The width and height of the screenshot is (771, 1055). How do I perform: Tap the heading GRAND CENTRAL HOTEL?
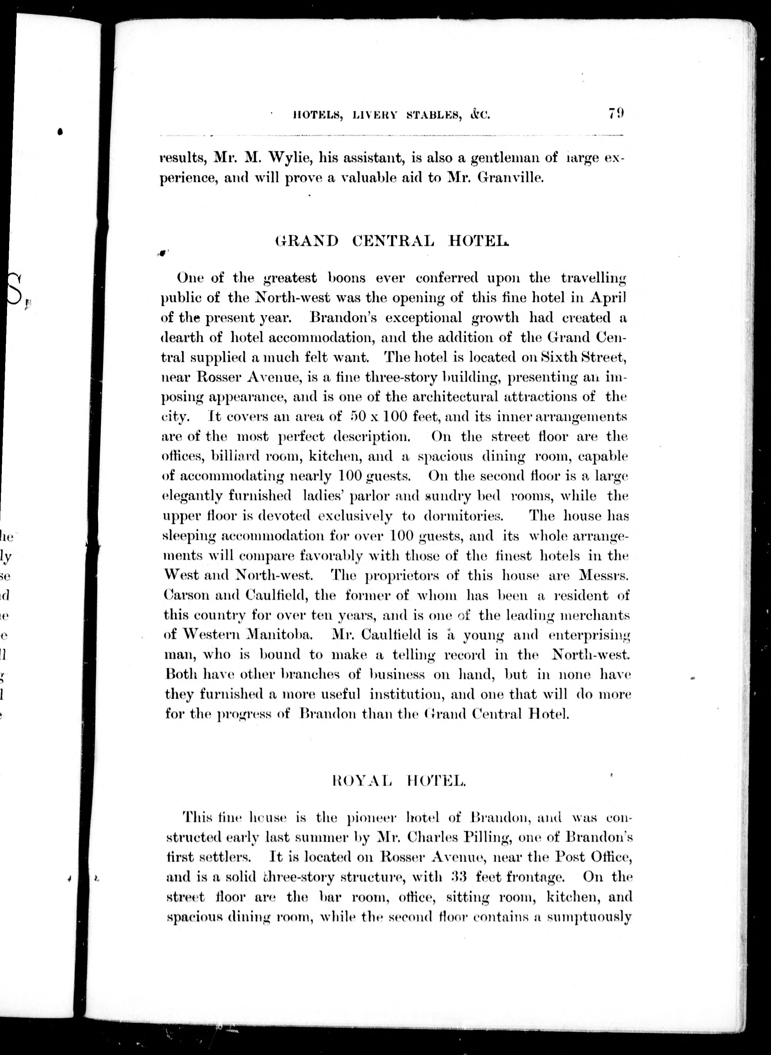coord(391,241)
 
